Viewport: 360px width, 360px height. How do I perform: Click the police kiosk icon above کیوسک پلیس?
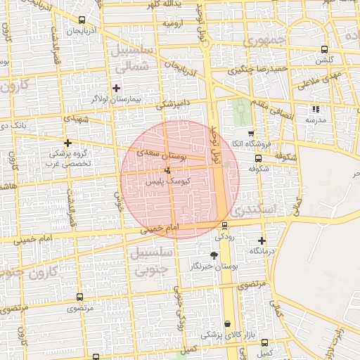point(167,171)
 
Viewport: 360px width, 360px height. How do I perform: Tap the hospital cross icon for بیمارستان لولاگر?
point(116,88)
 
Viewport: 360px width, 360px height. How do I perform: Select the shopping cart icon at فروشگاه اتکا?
point(251,133)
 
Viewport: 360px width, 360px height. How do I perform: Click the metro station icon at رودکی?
point(224,225)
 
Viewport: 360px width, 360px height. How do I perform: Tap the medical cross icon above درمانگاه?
point(261,240)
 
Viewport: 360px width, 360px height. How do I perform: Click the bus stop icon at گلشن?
point(323,49)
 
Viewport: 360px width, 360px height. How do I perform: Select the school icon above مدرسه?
point(315,109)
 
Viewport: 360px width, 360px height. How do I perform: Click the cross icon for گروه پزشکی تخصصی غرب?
point(67,142)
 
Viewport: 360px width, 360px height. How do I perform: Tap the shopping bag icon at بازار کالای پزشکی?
point(226,324)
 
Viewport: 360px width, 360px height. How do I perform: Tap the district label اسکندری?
point(258,209)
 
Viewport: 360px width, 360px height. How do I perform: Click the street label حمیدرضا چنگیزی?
point(260,70)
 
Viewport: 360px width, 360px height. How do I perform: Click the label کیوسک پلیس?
point(164,181)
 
